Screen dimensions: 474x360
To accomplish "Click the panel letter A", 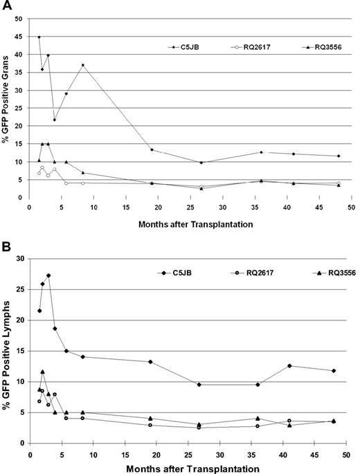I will click(6, 6).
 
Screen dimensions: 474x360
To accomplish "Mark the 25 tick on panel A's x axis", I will click(190, 206).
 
